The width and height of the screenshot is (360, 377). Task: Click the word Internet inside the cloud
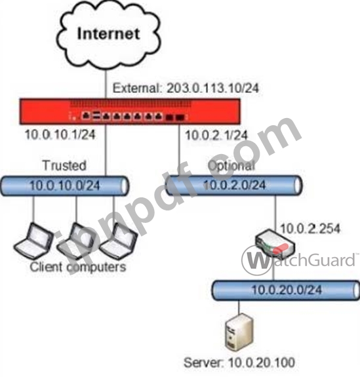(x=108, y=33)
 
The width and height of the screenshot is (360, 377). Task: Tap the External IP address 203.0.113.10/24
(x=213, y=88)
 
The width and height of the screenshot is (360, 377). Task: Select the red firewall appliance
(x=130, y=111)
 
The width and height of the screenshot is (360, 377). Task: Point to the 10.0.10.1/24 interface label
(x=60, y=134)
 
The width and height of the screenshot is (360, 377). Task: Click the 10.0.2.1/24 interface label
(x=216, y=135)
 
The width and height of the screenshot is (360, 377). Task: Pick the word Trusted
(x=64, y=165)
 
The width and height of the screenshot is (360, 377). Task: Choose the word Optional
(x=231, y=166)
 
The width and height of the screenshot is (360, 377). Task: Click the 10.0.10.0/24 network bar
(x=64, y=186)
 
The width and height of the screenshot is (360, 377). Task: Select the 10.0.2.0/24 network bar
(x=233, y=185)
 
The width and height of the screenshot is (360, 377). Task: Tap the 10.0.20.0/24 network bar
(x=286, y=290)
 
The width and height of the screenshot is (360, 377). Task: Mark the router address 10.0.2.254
(x=310, y=228)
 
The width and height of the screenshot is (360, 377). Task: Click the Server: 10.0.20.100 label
(x=239, y=363)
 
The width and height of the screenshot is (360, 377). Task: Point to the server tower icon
(x=239, y=332)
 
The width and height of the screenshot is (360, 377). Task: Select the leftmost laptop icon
(x=33, y=241)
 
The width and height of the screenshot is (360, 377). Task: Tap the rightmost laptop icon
(x=118, y=241)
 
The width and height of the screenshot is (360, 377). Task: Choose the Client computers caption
(x=78, y=267)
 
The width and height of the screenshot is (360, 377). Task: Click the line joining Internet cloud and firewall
(x=106, y=84)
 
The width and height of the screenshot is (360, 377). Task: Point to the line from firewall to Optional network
(x=179, y=150)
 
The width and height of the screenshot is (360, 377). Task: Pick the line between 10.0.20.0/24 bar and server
(x=239, y=307)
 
